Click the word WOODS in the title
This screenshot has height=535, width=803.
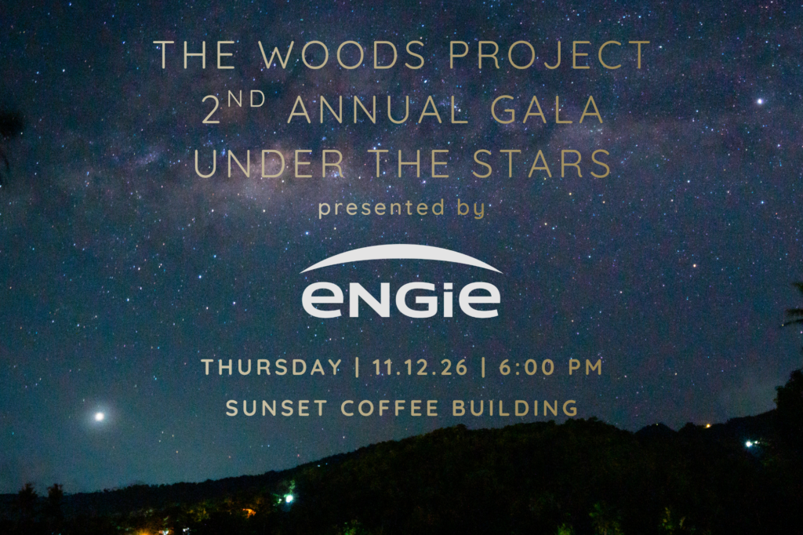point(342,55)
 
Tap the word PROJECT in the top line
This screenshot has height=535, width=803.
point(550,55)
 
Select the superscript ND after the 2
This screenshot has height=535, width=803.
point(246,99)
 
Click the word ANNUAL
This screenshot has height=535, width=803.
point(378,110)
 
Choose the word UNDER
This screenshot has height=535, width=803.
point(270,163)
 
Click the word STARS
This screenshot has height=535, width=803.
point(542,163)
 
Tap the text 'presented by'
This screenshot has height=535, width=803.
point(401,208)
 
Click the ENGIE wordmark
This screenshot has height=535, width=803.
point(401,298)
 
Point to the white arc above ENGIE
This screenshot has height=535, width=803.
point(401,251)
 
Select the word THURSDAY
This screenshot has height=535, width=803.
point(272,367)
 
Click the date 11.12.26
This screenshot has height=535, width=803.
point(420,367)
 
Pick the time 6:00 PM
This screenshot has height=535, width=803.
point(550,367)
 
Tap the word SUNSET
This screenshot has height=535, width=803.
point(277,409)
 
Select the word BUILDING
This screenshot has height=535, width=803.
point(515,409)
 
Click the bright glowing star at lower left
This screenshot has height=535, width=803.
point(100,417)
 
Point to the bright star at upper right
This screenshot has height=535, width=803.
point(760,101)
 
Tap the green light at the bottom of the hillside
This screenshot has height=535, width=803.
point(289,497)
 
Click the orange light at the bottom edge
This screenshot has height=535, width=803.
point(250,512)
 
